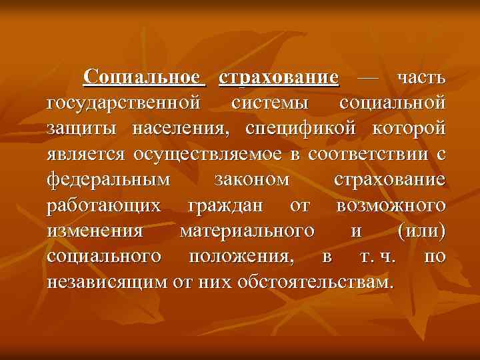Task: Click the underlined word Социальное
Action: pyautogui.click(x=145, y=78)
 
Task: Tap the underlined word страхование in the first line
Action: pyautogui.click(x=279, y=78)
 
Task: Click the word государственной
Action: pyautogui.click(x=123, y=103)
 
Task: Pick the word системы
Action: pyautogui.click(x=270, y=103)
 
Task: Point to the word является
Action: pyautogui.click(x=86, y=155)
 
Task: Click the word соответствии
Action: pyautogui.click(x=368, y=155)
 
